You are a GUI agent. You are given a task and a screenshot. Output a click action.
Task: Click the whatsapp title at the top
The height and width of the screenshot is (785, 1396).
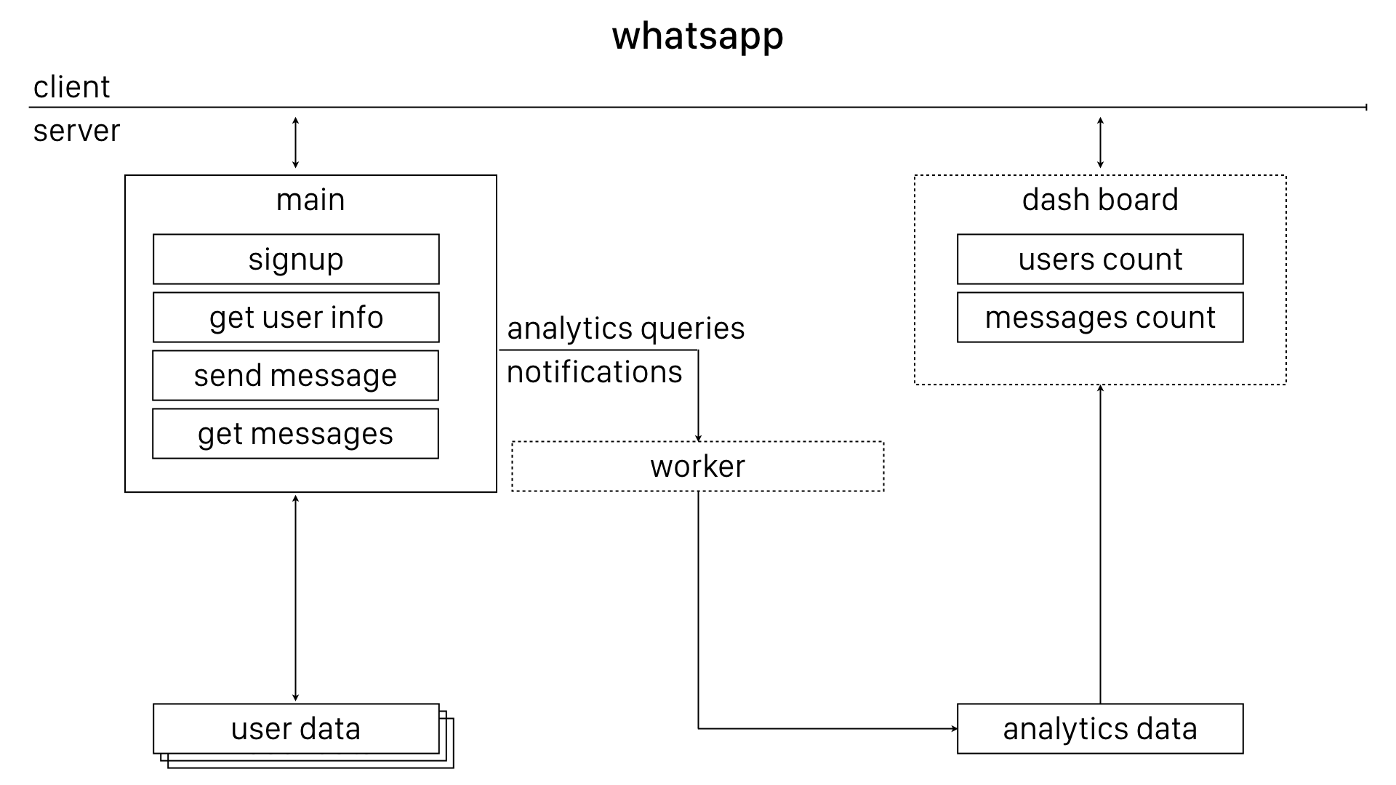697,36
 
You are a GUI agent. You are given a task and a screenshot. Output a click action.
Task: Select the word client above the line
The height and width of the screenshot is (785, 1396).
71,87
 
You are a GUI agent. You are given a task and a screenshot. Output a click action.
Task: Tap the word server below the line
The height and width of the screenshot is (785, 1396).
76,132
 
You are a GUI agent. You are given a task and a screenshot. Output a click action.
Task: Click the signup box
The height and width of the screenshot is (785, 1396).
296,259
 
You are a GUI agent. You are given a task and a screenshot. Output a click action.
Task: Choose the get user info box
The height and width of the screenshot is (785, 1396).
296,318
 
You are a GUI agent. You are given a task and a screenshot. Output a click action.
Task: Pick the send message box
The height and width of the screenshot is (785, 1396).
295,376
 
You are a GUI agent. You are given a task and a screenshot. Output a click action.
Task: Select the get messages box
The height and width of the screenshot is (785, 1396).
295,434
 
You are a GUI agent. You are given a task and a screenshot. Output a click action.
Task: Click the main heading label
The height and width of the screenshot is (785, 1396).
310,200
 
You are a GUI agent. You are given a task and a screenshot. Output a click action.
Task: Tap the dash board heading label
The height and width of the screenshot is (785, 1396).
1099,200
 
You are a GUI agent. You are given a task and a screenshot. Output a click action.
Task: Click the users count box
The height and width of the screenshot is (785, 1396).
1099,259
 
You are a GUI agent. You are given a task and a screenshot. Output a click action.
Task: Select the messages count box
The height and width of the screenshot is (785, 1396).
1099,318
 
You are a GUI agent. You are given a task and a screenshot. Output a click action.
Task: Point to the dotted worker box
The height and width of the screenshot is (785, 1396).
697,467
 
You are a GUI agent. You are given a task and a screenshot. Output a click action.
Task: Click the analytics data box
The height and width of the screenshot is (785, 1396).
1099,729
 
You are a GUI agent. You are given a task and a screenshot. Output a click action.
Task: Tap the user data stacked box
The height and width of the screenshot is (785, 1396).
296,729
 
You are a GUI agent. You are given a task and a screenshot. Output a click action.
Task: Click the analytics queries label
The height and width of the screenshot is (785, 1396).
625,329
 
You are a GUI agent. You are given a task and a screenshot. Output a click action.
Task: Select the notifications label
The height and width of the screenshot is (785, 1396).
594,372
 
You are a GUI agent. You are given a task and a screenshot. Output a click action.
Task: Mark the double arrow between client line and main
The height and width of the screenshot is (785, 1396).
295,142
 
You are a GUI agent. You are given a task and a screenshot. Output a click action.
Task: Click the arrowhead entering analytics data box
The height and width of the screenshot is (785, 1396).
953,728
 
